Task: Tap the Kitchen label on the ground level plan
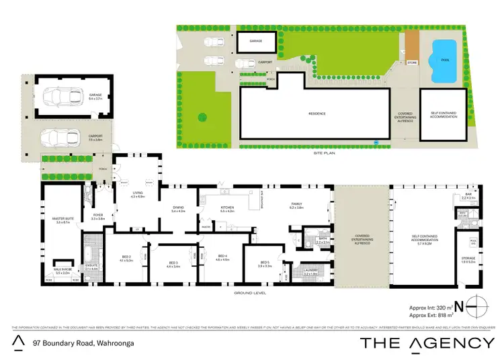[226, 208]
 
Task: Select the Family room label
[297, 205]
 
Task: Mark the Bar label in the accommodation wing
[468, 195]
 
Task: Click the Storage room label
[468, 259]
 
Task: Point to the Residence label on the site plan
[317, 114]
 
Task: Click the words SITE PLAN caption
[323, 153]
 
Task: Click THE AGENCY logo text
[427, 343]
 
